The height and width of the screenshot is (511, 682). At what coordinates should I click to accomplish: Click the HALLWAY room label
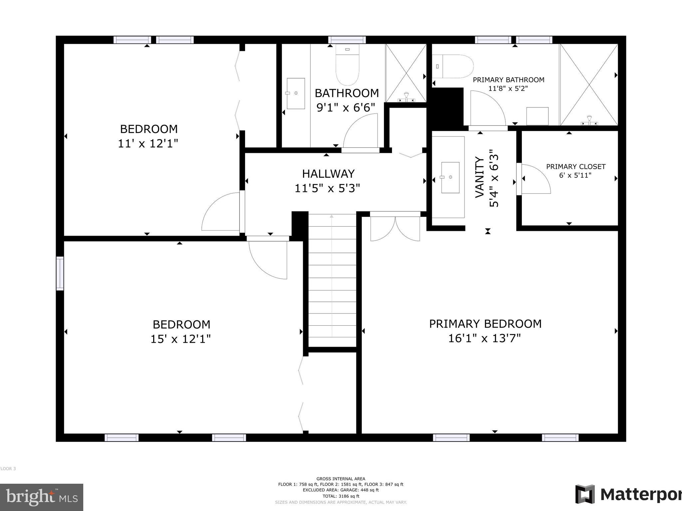(x=328, y=174)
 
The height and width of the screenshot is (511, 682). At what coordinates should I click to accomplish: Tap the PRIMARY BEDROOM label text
(x=485, y=324)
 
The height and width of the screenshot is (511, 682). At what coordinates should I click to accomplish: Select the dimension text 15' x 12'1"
(x=180, y=339)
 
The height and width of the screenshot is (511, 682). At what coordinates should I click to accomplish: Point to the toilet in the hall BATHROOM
(x=347, y=67)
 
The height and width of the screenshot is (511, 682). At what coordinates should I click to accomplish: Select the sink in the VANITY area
(x=450, y=177)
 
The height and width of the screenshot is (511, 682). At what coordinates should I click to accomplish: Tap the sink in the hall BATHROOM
(x=296, y=93)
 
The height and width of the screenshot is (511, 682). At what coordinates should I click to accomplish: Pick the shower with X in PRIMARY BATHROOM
(x=589, y=85)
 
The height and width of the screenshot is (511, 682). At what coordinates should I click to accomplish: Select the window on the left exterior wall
(x=60, y=273)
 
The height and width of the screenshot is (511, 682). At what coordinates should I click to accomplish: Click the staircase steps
(x=332, y=279)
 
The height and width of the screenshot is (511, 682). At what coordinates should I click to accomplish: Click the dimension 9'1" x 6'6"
(x=346, y=107)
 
